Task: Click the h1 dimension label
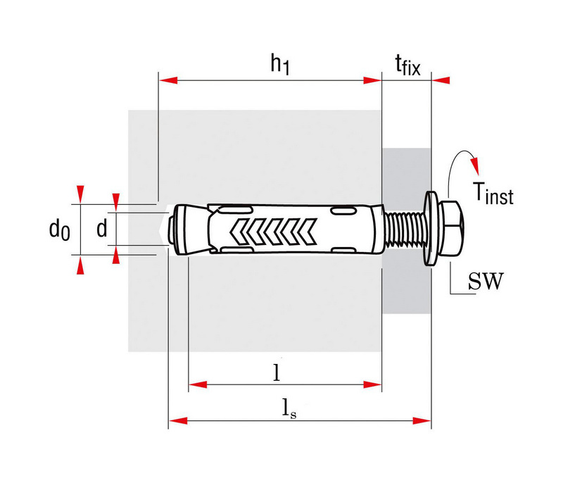[x=279, y=64]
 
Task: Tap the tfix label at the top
[x=407, y=65]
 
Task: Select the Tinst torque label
[x=493, y=193]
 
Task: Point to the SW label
[x=486, y=281]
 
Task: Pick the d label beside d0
[x=102, y=228]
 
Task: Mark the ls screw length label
[x=289, y=409]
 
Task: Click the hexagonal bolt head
[x=453, y=229]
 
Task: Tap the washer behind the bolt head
[x=431, y=229]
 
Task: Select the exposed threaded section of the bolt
[x=403, y=229]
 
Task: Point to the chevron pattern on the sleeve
[x=274, y=231]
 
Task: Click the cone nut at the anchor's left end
[x=189, y=230]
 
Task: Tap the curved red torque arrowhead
[x=474, y=165]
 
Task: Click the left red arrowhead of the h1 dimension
[x=167, y=80]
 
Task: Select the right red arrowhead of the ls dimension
[x=422, y=420]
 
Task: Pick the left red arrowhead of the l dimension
[x=198, y=384]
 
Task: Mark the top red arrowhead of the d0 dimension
[x=80, y=194]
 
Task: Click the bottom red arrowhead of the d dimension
[x=115, y=255]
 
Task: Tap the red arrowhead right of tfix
[x=441, y=80]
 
